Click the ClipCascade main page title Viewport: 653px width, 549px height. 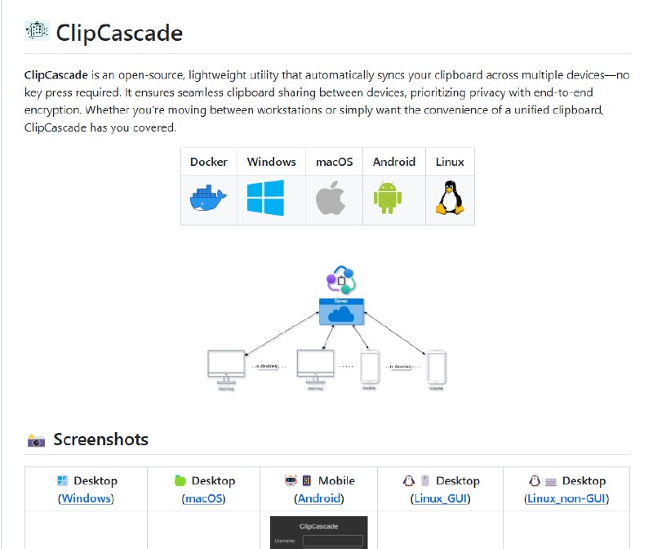(119, 33)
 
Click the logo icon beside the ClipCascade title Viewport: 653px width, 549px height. (38, 32)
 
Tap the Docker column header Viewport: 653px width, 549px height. (209, 162)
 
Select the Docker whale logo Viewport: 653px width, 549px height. (209, 199)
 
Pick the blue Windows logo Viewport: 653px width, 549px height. (265, 199)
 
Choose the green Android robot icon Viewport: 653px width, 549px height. (388, 199)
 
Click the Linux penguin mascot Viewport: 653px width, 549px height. (448, 199)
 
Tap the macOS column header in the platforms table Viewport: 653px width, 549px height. (334, 162)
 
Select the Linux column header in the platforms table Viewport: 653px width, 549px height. (450, 162)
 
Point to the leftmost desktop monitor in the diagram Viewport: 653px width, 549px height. (226, 365)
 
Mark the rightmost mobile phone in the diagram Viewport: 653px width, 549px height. (437, 367)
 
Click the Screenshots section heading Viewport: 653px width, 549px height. (100, 440)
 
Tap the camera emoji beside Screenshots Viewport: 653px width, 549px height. (37, 441)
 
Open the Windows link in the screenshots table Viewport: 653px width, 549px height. (86, 498)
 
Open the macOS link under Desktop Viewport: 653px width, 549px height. (203, 498)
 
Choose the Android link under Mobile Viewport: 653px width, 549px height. (319, 498)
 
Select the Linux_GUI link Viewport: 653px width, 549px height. (441, 498)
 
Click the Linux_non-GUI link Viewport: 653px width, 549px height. (566, 498)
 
